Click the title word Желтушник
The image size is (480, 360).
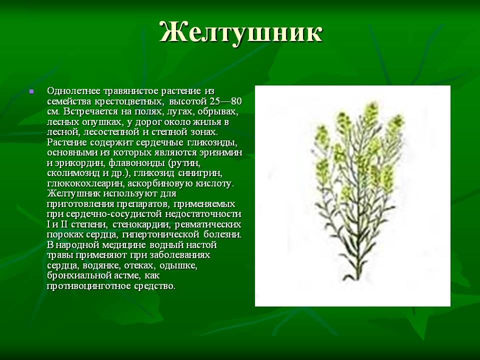[x=240, y=32]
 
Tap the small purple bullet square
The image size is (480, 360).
[x=31, y=91]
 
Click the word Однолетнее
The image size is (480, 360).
[x=73, y=91]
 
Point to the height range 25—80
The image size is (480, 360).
[x=226, y=101]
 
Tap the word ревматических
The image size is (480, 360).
[x=208, y=224]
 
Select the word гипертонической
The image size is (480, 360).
[x=161, y=235]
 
